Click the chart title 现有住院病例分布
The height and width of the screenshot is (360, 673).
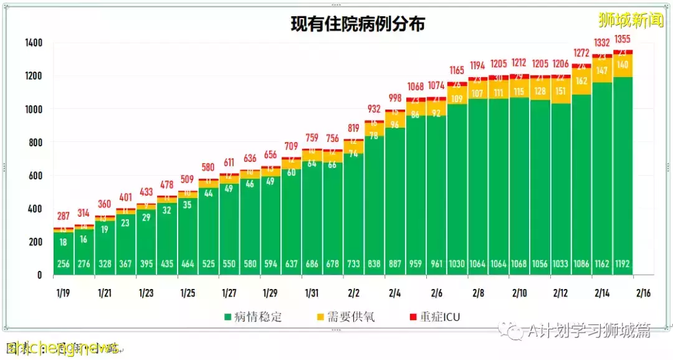coord(358,24)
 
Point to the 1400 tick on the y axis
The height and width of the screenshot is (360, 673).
coord(34,43)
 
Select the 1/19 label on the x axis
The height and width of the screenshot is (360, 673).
coord(64,292)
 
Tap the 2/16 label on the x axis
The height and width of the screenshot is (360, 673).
coord(644,292)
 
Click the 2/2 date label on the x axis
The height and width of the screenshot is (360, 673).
coord(353,292)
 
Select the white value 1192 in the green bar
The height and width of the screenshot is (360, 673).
coord(623,264)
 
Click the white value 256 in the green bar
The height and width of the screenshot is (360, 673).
coord(64,264)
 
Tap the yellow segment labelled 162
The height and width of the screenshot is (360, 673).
coord(581,81)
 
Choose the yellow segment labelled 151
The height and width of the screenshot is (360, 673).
coord(561,91)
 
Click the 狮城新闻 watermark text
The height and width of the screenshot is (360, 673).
coord(631,21)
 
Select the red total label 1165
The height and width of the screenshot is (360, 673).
coord(457,71)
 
